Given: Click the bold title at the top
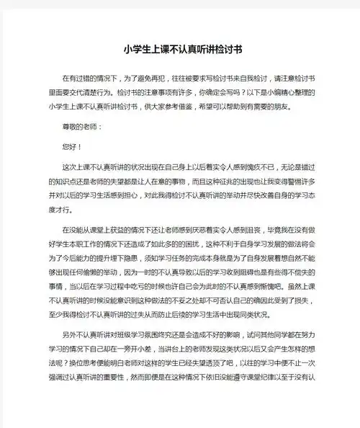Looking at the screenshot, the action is (180, 50).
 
